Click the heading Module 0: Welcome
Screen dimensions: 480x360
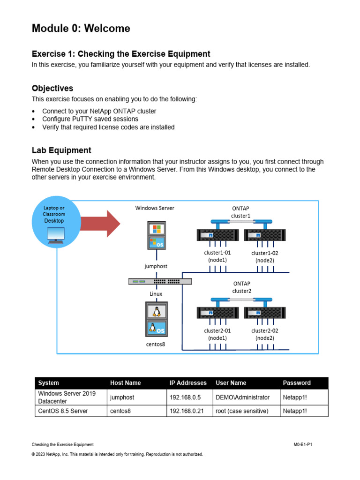point(81,29)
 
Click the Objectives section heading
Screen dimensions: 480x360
point(52,88)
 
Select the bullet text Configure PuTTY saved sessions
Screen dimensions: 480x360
point(90,119)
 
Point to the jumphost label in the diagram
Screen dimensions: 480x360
point(156,266)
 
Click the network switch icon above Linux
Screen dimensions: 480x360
point(160,282)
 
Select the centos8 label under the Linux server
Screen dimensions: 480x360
point(156,344)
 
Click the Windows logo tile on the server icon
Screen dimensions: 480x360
point(156,230)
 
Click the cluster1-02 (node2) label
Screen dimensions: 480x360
point(265,256)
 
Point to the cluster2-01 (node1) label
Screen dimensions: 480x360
point(217,334)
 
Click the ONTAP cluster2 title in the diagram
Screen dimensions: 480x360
point(241,287)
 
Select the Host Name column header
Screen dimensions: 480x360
point(125,383)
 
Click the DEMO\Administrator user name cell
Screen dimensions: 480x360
point(242,397)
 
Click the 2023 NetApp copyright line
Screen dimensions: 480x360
point(117,454)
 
